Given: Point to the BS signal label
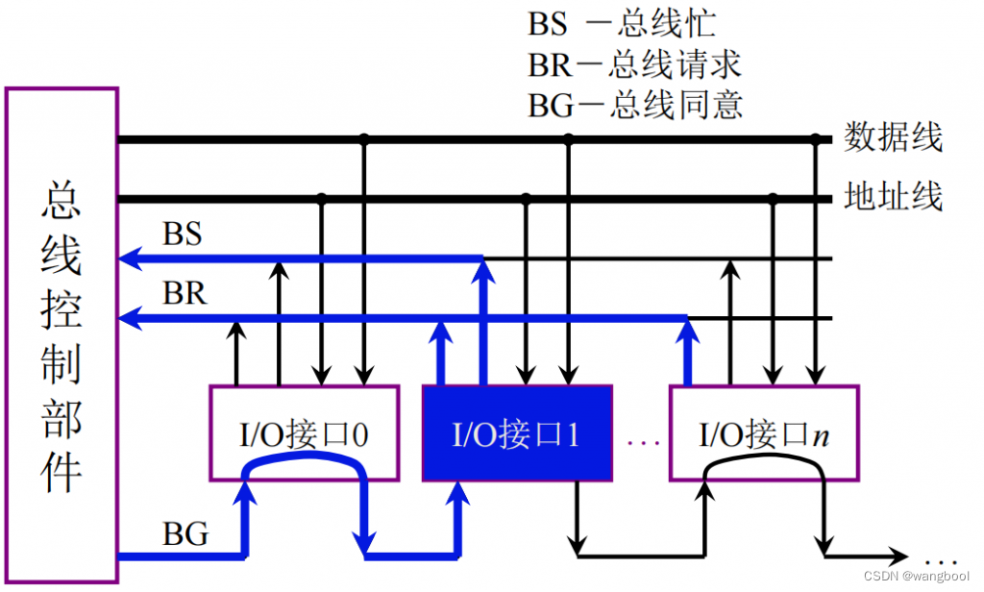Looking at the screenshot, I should point(183,234).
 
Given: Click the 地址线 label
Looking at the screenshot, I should point(893,197).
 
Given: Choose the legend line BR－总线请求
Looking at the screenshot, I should point(634,63).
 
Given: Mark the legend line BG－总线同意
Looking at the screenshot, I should point(634,104).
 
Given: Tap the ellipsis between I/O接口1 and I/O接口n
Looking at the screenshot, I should point(642,442).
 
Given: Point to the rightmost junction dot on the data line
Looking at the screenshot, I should point(816,139).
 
